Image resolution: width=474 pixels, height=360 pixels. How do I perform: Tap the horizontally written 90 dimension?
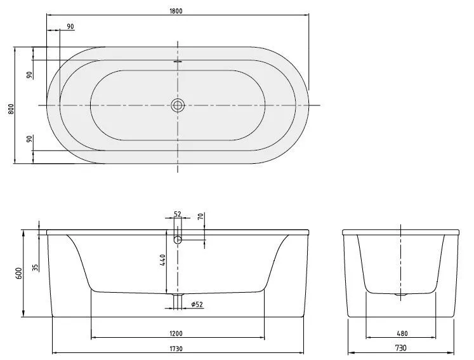(x=70, y=26)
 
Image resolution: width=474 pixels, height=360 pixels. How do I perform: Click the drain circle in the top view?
(x=177, y=105)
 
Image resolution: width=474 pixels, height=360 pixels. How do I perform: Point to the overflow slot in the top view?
(x=177, y=62)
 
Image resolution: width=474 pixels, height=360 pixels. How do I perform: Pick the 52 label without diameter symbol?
(x=177, y=214)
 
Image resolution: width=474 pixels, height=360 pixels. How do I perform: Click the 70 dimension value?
(x=201, y=217)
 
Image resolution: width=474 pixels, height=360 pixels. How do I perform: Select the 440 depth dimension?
(x=163, y=260)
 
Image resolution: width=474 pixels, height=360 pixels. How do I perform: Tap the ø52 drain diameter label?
(x=197, y=305)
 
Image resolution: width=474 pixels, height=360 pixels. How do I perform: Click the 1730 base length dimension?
(x=177, y=348)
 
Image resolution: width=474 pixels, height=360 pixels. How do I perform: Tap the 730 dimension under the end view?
(x=400, y=348)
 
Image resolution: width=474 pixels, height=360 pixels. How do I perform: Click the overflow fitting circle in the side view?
(x=178, y=239)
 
